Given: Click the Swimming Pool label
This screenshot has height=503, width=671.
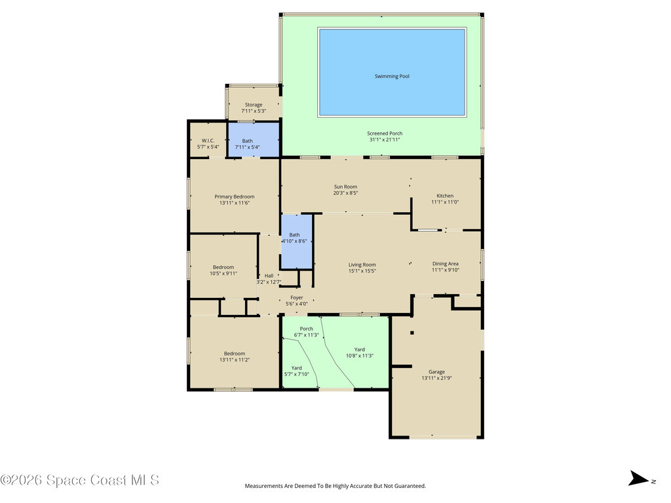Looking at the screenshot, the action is click(x=392, y=76).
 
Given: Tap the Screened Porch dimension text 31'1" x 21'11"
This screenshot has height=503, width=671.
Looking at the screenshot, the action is click(x=385, y=140).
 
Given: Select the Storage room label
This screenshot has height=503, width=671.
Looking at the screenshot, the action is click(x=254, y=105).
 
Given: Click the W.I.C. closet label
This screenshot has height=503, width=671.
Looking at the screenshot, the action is click(x=208, y=141).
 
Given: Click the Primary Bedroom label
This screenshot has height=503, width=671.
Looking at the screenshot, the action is click(x=235, y=196).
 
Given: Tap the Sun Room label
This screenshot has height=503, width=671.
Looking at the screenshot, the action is click(x=345, y=187).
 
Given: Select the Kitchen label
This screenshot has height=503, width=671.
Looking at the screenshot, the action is click(x=445, y=196).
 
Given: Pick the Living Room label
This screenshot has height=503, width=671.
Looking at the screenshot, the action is click(x=362, y=265).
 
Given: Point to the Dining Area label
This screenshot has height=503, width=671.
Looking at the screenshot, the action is click(x=446, y=264).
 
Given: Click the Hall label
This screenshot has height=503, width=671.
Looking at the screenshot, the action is click(x=269, y=276).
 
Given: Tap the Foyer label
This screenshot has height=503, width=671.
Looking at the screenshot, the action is click(x=297, y=298).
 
